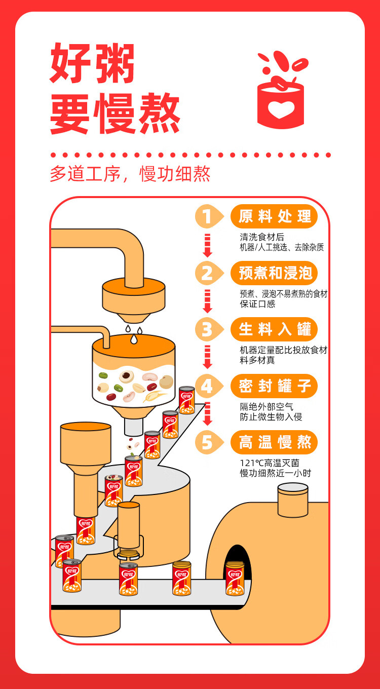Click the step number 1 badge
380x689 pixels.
point(209,216)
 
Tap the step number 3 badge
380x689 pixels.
point(209,329)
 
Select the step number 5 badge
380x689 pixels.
point(209,442)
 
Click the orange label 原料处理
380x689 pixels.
point(274,216)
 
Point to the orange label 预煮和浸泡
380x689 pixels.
point(274,273)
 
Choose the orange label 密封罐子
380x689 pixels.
point(274,386)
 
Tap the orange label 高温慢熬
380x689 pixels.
point(274,442)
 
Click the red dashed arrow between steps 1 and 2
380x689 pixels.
point(208,245)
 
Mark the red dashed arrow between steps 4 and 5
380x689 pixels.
point(208,414)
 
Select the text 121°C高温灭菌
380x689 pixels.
point(269,463)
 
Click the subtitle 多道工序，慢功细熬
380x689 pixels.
point(130,174)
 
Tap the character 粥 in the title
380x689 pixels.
point(115,63)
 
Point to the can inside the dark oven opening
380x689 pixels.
point(235,578)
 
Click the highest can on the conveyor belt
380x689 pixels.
point(187,400)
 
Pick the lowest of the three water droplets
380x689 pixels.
point(134,338)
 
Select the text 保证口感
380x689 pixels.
point(257,304)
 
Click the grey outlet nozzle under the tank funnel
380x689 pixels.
point(134,427)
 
